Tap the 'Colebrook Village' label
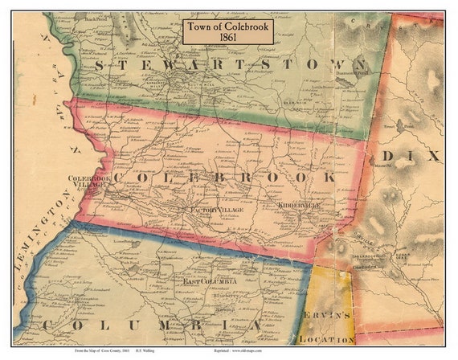(88, 181)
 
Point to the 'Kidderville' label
(298, 206)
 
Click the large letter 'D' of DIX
(389, 156)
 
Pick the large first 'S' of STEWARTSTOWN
(99, 65)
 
